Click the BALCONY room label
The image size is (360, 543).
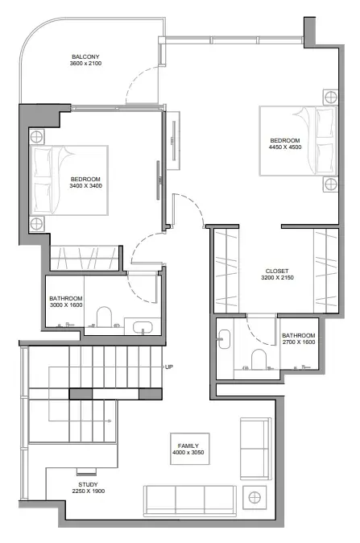85,56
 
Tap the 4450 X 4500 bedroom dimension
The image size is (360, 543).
285,147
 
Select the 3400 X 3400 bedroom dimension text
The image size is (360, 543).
86,185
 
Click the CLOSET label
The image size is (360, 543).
277,271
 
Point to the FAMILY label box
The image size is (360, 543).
190,449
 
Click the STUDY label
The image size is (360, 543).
88,484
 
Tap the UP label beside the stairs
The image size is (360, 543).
169,367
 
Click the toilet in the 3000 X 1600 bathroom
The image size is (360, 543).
104,317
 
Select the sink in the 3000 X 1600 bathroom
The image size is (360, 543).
143,327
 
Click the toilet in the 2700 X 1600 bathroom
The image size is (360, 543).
259,359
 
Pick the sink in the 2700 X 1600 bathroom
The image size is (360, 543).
225,339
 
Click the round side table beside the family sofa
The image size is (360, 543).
254,498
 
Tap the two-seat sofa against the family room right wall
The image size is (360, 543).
255,449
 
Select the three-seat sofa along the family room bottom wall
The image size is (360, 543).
190,501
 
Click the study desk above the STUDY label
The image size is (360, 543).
86,470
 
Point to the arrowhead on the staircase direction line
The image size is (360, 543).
110,421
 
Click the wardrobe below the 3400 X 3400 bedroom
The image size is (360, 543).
85,258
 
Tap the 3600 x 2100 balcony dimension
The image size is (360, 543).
85,64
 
